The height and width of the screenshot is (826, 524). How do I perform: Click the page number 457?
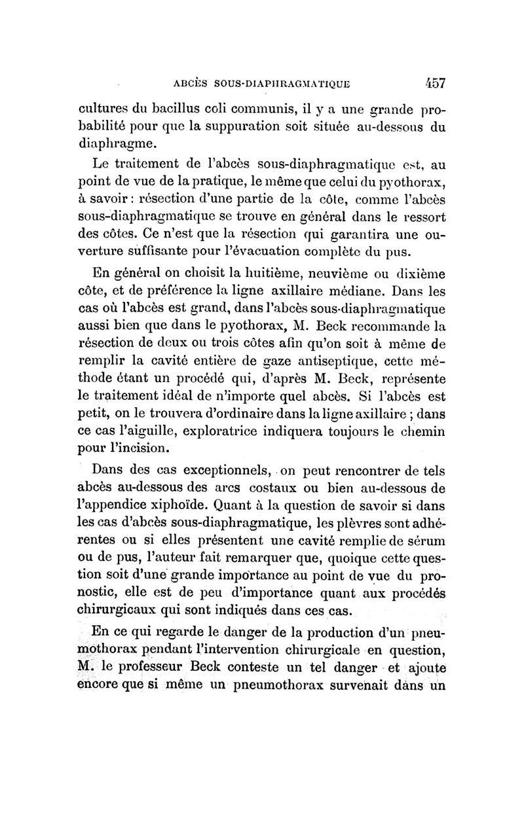tap(430, 83)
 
